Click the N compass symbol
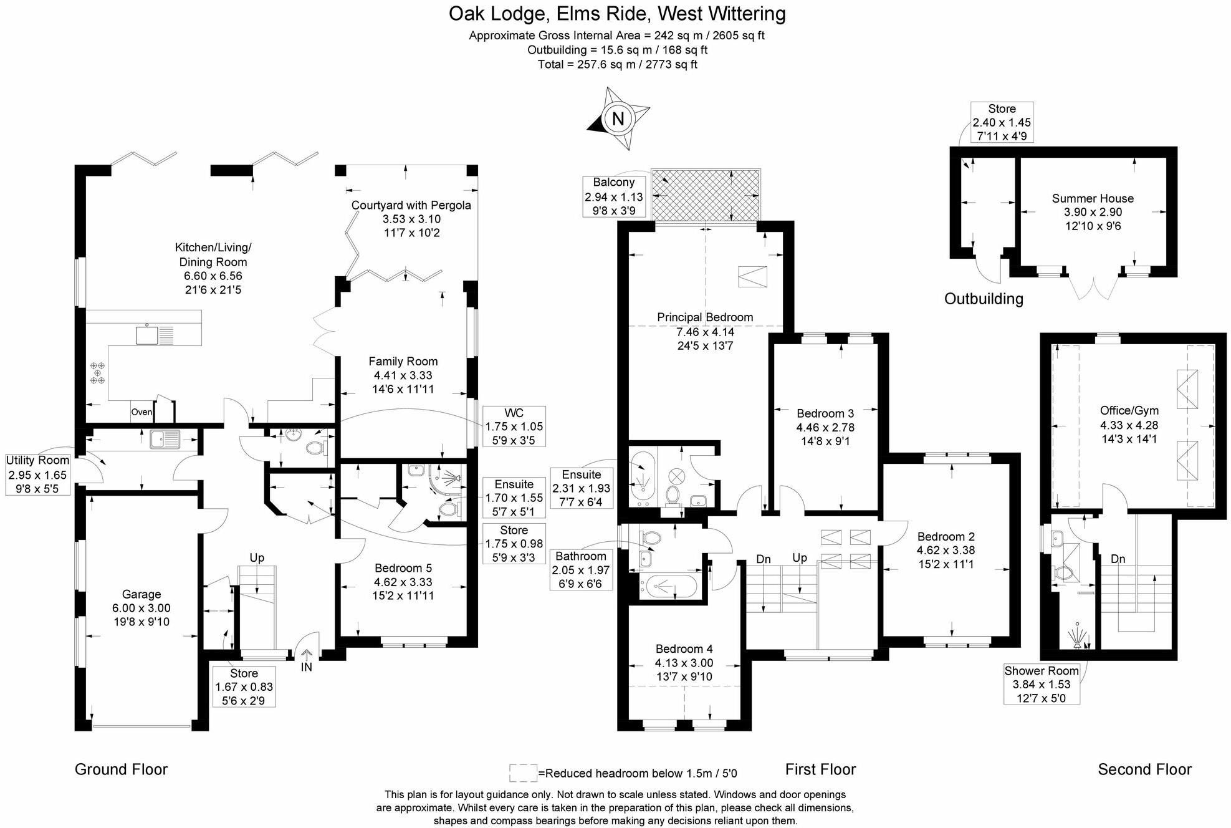[618, 118]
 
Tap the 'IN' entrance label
[307, 667]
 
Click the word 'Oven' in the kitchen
[141, 412]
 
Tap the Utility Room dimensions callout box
[37, 474]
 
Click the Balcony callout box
[614, 196]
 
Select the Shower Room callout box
[1042, 685]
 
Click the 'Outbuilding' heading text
[984, 299]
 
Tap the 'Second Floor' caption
[1144, 769]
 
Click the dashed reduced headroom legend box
[523, 773]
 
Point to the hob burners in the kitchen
[98, 372]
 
